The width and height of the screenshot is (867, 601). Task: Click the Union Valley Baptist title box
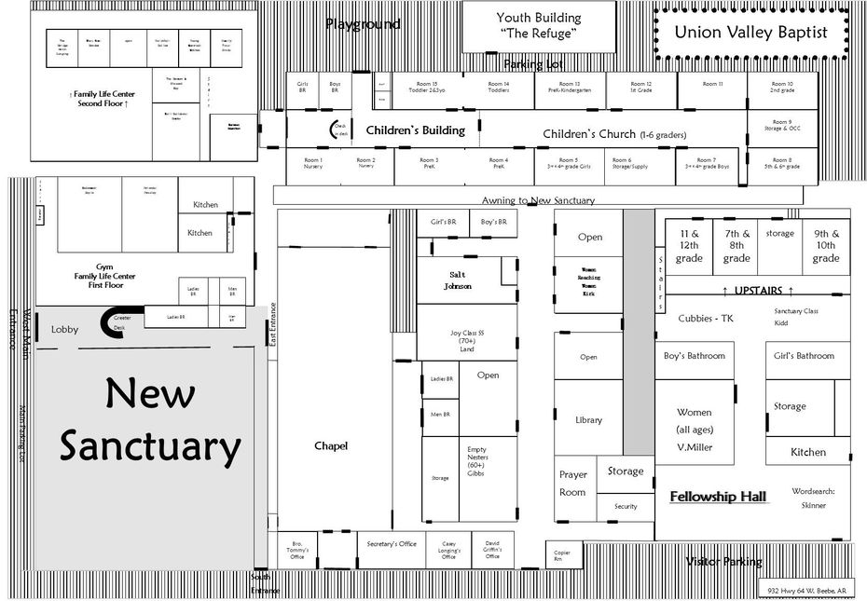(751, 33)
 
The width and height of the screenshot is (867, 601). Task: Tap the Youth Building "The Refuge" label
(538, 26)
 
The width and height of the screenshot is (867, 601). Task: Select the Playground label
(363, 24)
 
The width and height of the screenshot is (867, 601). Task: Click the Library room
(588, 420)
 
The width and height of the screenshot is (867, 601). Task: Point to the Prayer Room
(572, 483)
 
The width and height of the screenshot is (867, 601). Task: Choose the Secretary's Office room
(392, 544)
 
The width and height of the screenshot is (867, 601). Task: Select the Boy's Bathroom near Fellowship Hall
(694, 356)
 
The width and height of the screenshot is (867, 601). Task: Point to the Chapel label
(331, 446)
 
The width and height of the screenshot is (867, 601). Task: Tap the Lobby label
(64, 330)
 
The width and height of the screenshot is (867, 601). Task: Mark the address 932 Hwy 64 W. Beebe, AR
(807, 591)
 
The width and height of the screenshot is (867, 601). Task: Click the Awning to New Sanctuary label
(538, 200)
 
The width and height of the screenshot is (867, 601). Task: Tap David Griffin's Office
(492, 550)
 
